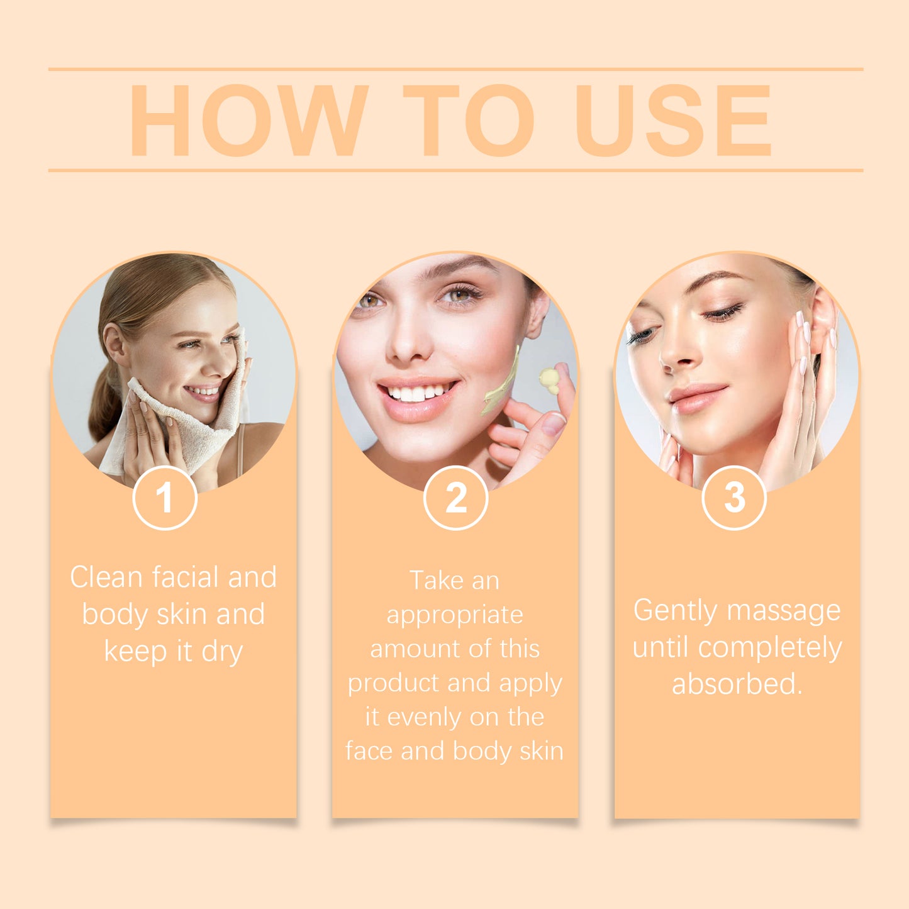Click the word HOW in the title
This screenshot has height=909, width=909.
[248, 120]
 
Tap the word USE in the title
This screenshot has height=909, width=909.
[673, 120]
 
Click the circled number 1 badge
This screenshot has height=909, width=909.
[165, 498]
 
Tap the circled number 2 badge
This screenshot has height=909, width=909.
[455, 498]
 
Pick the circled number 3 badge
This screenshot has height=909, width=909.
[734, 498]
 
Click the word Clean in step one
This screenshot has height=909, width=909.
[106, 577]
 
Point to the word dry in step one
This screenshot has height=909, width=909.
[222, 652]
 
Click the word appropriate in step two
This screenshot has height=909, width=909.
[455, 615]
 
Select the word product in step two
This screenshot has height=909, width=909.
[384, 683]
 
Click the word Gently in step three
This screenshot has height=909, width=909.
[675, 611]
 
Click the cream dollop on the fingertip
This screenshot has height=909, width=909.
[549, 379]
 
